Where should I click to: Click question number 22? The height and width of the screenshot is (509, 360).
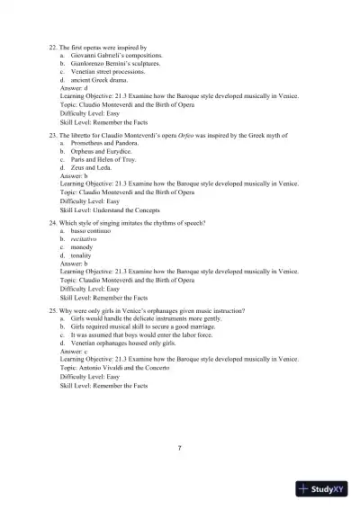(52, 45)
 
